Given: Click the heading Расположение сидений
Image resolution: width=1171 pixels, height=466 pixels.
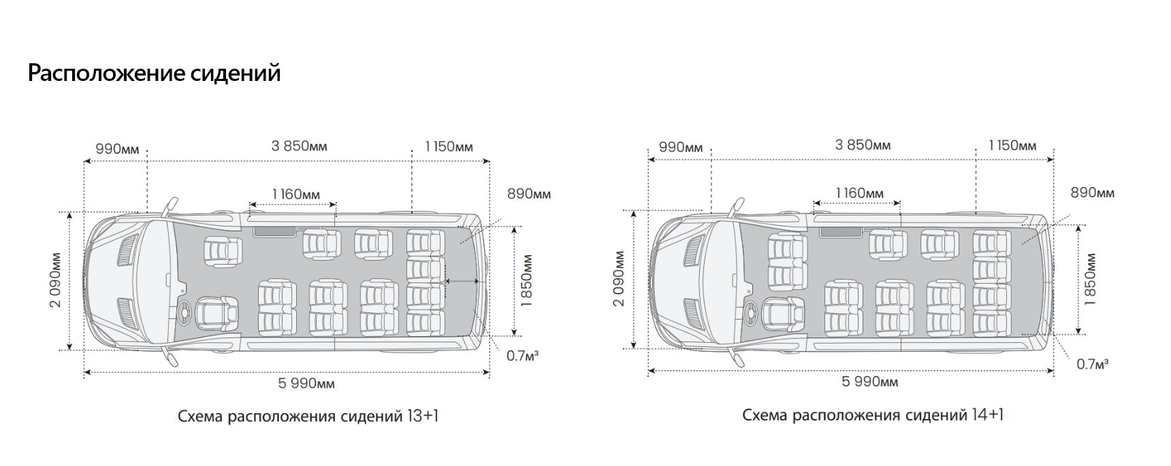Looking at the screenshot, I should (x=154, y=73).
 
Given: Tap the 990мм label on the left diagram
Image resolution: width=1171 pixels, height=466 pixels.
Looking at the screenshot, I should (x=117, y=148).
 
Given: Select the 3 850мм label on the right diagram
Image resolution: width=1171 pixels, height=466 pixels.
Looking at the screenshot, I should (x=863, y=145).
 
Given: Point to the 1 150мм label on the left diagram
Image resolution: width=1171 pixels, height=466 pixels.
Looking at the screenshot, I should (x=449, y=146).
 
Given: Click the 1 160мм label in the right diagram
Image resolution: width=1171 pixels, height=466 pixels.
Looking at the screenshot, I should (x=859, y=193).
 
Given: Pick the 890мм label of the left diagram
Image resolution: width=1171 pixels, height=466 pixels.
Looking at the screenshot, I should (x=529, y=194).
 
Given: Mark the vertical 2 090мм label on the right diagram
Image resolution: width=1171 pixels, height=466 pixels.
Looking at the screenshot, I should (x=618, y=279).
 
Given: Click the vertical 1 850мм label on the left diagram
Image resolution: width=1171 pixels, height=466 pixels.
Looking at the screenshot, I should (x=526, y=280).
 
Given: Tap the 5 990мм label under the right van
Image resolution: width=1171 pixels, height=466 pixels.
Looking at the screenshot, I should (x=869, y=382).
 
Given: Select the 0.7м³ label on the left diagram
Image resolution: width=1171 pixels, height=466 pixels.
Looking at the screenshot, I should (x=522, y=355).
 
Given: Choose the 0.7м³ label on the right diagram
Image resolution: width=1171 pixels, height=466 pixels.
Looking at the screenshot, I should (x=1092, y=364).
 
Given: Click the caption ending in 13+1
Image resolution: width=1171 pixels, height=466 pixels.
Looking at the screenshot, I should (x=308, y=416).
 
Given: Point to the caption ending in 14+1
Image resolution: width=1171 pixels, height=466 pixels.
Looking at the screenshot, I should (x=873, y=414).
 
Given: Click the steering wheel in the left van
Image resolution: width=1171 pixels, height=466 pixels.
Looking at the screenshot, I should (x=185, y=312).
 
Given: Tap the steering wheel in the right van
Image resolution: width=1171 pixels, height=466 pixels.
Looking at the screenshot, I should (x=750, y=310).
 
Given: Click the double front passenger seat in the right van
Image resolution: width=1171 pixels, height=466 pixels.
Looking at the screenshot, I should (x=788, y=261).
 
